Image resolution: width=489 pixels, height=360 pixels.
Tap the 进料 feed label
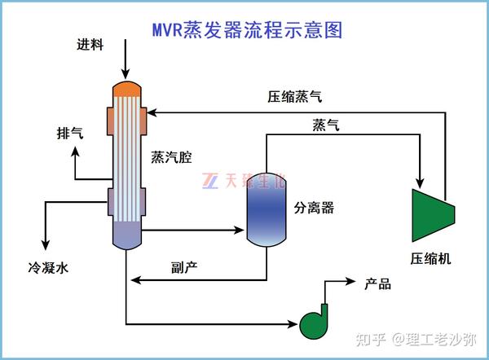[x=90, y=44]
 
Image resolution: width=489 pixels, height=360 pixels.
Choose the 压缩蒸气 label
[x=294, y=96]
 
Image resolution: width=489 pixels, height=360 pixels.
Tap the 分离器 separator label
[x=315, y=207]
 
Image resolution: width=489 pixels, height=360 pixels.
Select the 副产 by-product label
[x=184, y=266]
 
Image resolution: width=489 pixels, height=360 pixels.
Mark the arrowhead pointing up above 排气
[x=74, y=152]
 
